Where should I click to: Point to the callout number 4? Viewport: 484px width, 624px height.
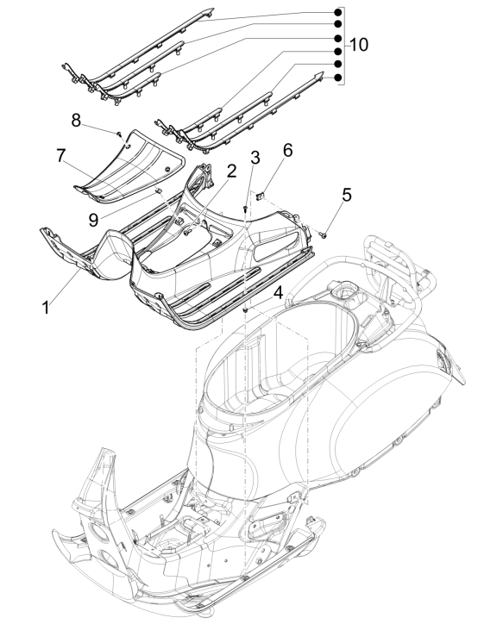tap(279, 292)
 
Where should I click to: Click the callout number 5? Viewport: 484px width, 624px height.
tap(346, 195)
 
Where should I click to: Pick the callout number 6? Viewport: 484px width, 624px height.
tap(263, 149)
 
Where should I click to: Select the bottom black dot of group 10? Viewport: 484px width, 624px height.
tap(337, 78)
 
